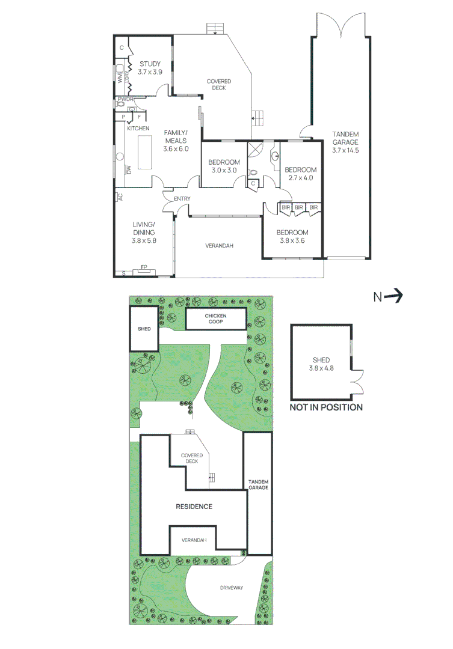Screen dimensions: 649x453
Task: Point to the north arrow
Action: click(x=388, y=296)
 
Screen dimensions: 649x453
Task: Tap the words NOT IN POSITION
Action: click(x=326, y=407)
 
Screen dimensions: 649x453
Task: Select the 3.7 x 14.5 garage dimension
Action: click(x=345, y=150)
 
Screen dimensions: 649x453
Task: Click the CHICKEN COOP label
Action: click(x=215, y=318)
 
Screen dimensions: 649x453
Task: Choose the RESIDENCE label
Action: click(x=194, y=506)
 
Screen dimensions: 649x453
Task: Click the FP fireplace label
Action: click(x=144, y=266)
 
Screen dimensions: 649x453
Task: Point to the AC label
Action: click(x=120, y=197)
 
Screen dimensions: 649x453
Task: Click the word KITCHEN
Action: click(x=138, y=129)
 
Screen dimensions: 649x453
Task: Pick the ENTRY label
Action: click(x=182, y=199)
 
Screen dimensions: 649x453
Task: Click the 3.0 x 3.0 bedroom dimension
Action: click(x=224, y=171)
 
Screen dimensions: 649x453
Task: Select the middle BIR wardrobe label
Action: click(x=298, y=207)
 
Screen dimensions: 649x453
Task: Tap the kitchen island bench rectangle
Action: click(x=145, y=153)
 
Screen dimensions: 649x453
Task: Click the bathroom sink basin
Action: click(x=275, y=157)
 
